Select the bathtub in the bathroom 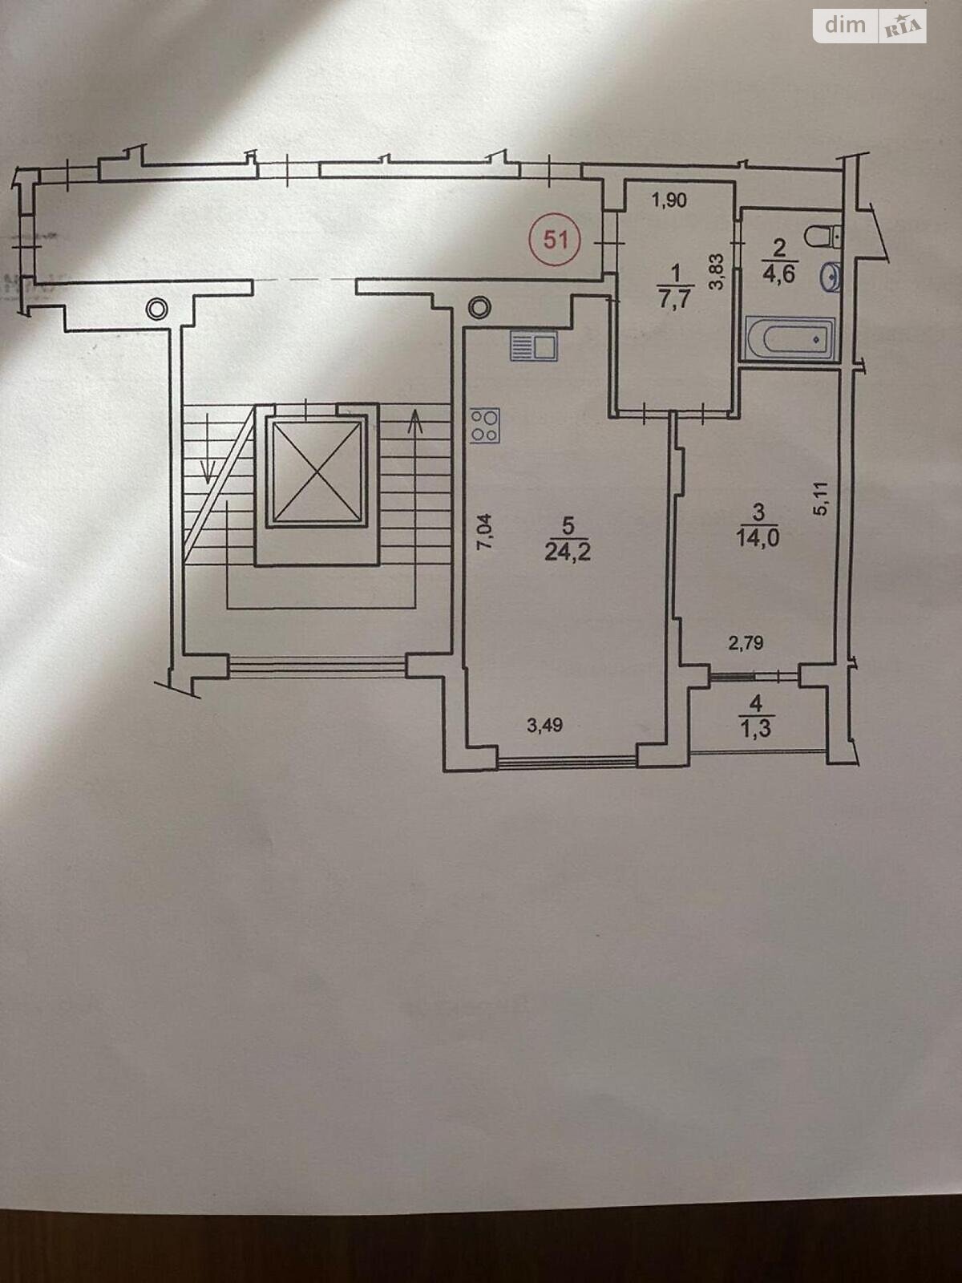(x=790, y=338)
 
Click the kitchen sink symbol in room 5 (x=534, y=349)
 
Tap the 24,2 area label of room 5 (x=568, y=552)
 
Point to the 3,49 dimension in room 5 (x=544, y=726)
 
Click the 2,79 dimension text (x=746, y=642)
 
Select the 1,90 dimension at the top (x=669, y=200)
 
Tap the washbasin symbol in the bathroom (x=831, y=277)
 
